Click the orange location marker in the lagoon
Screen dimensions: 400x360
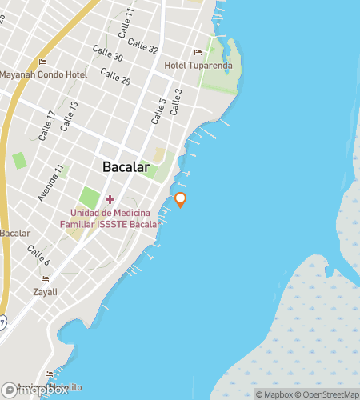pos(181,199)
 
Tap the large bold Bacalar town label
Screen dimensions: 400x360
pos(126,167)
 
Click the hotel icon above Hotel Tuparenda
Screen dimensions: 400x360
pos(198,53)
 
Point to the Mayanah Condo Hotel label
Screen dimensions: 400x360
pos(43,74)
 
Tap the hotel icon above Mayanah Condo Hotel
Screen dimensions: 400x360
pos(43,62)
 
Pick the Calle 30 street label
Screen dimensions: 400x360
pos(107,54)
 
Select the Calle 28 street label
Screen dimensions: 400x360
pos(114,77)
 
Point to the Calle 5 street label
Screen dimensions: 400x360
pos(158,111)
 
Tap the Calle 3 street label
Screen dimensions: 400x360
pos(174,101)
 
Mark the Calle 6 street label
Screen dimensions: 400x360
pos(38,256)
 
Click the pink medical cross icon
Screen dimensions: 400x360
pos(110,198)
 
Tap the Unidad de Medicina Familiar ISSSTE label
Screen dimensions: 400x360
pos(116,218)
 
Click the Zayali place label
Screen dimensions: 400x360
pos(45,293)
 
